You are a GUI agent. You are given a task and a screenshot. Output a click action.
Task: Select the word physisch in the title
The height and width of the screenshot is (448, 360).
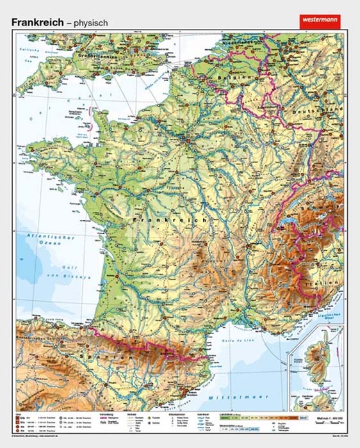(x=90, y=22)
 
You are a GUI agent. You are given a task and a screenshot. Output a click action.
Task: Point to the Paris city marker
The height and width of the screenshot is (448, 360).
(x=186, y=137)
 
